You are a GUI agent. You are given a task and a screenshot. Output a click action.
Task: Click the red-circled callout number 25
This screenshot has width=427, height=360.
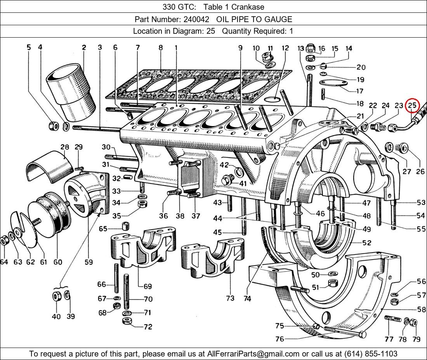click(412, 105)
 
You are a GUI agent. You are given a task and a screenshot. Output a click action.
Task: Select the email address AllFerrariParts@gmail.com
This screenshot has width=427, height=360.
click(253, 353)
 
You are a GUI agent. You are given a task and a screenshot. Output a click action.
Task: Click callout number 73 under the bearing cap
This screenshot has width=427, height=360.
click(230, 298)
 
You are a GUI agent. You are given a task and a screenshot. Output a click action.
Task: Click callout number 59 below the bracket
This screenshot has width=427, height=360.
click(89, 262)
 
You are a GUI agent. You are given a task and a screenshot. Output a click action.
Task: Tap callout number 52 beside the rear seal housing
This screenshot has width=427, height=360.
click(366, 243)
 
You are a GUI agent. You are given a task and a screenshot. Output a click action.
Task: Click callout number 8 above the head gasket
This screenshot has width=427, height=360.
click(160, 48)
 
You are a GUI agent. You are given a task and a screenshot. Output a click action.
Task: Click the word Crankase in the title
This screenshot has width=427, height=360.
click(247, 7)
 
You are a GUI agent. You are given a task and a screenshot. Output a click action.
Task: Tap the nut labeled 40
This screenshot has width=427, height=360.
click(57, 297)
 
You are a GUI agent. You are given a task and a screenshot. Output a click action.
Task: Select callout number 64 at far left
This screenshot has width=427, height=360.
click(4, 262)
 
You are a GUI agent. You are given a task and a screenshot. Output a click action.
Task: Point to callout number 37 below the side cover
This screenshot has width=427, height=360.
click(196, 216)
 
